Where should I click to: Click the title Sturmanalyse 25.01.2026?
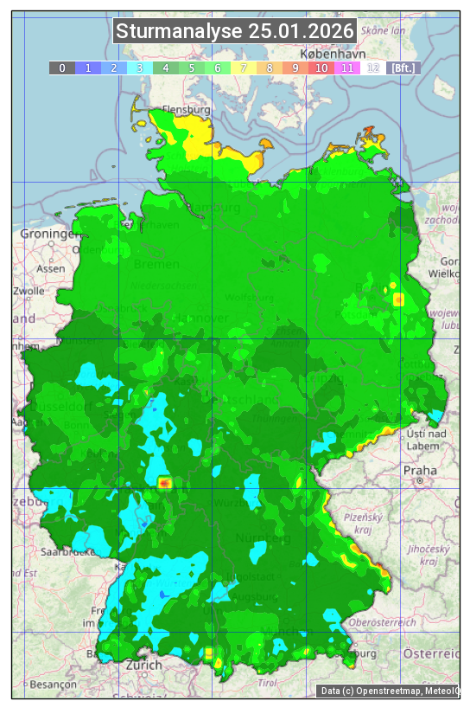point(235,32)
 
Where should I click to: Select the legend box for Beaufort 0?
point(62,68)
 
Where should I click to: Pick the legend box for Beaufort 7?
point(244,68)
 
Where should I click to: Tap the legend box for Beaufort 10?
point(321,68)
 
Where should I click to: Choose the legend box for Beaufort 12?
point(373,68)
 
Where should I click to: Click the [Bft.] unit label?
point(403,68)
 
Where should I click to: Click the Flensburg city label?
point(186,111)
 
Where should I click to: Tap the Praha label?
point(419,470)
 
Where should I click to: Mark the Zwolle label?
point(29,291)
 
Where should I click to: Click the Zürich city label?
point(143,665)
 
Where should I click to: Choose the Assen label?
point(51,268)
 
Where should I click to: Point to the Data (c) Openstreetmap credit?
point(389,691)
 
